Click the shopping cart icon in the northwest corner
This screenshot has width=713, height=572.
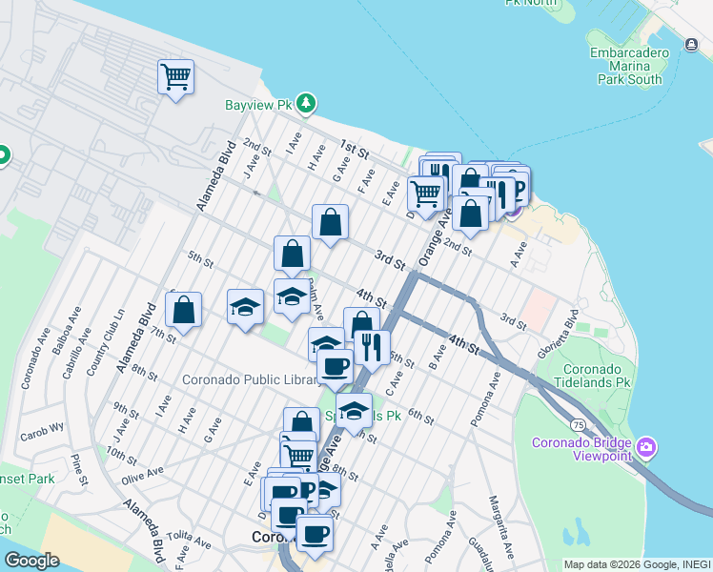[176, 76]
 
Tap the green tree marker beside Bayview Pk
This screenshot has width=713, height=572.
[306, 102]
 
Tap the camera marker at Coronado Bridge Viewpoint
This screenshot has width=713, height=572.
[647, 447]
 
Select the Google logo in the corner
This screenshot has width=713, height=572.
[31, 561]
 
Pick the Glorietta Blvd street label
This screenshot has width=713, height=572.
[573, 326]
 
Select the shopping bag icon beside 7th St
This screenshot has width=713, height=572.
[183, 309]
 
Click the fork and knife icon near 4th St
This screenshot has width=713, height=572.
[371, 347]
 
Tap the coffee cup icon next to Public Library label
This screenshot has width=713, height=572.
[334, 365]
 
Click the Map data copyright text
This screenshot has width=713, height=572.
[637, 564]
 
